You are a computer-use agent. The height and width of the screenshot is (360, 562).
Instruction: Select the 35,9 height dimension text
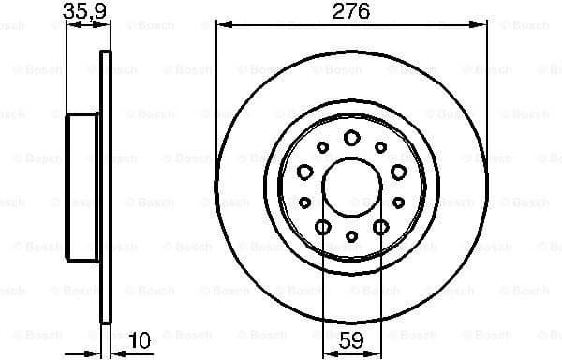82,11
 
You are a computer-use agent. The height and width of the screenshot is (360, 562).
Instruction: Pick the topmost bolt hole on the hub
351,138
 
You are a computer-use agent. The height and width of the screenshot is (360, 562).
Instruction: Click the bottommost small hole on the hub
351,236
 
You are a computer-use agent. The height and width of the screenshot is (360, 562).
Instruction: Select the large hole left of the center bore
304,172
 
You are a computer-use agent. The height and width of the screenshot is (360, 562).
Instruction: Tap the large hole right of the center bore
399,172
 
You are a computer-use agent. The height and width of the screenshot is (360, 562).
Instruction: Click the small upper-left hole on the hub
322,147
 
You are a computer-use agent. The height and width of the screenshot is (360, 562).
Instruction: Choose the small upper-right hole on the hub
380,147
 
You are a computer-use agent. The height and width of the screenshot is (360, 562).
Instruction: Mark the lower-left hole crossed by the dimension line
322,227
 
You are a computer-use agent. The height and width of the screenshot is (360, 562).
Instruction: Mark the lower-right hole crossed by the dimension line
380,227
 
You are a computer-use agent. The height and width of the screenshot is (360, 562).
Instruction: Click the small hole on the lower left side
304,202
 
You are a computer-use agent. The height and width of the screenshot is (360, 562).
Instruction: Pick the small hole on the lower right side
399,202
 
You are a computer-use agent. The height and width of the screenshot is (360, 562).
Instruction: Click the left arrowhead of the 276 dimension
222,25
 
